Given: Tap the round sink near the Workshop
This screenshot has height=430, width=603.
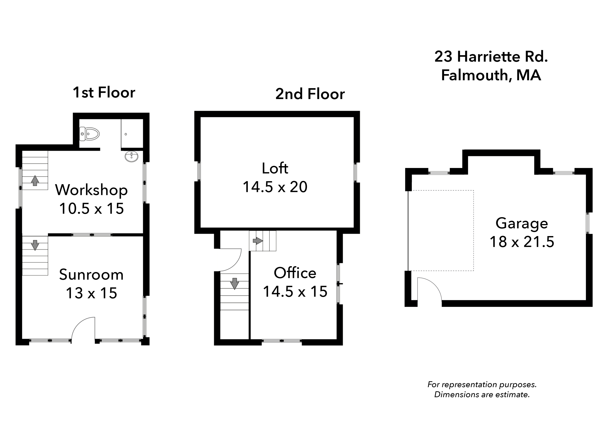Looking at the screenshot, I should (x=131, y=157).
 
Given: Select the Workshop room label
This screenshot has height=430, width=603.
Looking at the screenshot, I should (x=91, y=190).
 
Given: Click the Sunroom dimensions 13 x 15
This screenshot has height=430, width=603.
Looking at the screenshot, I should (x=91, y=293).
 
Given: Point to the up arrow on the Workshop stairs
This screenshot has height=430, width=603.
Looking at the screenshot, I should (x=35, y=181).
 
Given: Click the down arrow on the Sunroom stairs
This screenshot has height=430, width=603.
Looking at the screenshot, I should (x=35, y=245).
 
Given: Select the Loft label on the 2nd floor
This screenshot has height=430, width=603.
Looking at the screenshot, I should (x=275, y=168).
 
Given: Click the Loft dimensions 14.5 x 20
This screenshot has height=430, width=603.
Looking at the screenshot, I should (x=275, y=187).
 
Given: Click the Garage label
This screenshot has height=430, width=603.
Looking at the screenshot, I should (x=522, y=223).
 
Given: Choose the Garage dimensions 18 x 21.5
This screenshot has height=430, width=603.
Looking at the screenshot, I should (x=522, y=242).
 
